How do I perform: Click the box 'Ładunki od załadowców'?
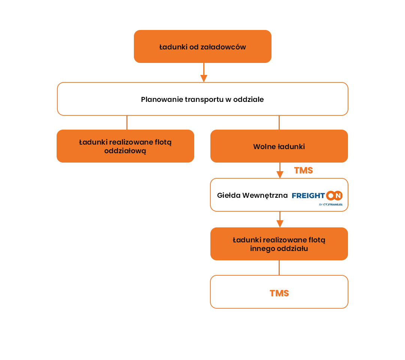202,46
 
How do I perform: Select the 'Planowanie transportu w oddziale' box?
202,99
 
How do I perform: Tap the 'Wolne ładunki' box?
279,146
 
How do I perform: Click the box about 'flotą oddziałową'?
125,146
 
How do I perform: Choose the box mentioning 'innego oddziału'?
279,244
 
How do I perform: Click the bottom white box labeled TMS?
279,292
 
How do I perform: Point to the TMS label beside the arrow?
303,170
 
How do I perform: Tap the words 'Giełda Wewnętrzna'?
252,195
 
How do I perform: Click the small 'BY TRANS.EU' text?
331,205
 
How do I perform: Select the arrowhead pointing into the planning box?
204,78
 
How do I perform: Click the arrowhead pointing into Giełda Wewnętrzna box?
280,175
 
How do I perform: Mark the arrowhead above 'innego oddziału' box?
280,224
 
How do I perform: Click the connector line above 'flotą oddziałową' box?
127,122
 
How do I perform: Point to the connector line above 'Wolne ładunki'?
279,122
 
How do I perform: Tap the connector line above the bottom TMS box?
279,268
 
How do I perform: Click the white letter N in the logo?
338,196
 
